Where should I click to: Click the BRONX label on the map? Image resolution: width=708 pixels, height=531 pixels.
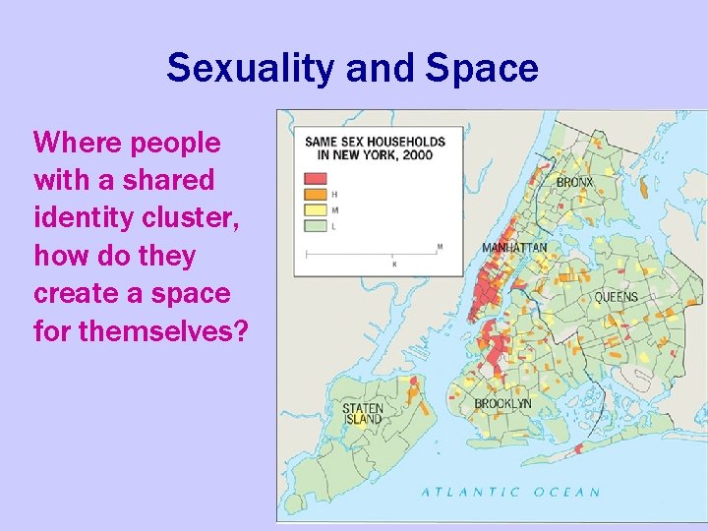(574, 182)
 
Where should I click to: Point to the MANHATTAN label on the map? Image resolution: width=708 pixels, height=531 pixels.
(514, 248)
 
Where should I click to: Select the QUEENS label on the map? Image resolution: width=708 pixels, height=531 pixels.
(616, 297)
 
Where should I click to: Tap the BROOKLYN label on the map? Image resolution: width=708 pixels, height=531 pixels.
(502, 403)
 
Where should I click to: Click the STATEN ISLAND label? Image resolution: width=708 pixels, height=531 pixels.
(363, 413)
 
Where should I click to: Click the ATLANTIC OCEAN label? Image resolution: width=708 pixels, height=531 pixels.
(510, 492)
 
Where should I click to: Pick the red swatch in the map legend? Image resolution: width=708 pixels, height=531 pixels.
(316, 179)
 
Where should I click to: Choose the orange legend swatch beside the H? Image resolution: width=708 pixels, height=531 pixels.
(316, 194)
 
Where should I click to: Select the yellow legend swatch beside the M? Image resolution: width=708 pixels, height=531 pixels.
(316, 209)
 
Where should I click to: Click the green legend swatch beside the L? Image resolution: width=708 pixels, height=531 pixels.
(316, 225)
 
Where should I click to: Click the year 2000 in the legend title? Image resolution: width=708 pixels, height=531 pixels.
(416, 155)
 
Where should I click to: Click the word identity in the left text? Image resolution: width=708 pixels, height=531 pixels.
(74, 218)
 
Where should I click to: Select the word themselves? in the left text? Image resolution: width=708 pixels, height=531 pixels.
(163, 331)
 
